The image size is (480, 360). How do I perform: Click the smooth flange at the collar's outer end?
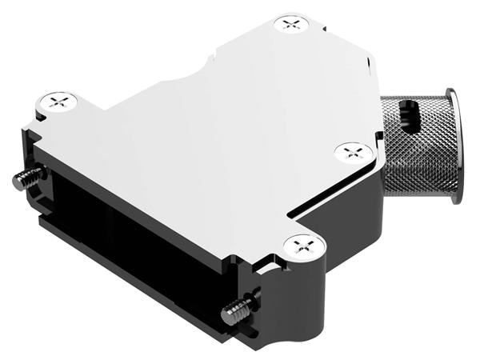[x=454, y=144]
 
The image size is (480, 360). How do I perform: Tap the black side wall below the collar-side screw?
[x=344, y=208]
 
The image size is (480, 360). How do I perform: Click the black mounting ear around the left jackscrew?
[x=36, y=184]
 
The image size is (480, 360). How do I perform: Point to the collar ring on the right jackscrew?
[x=250, y=302]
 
